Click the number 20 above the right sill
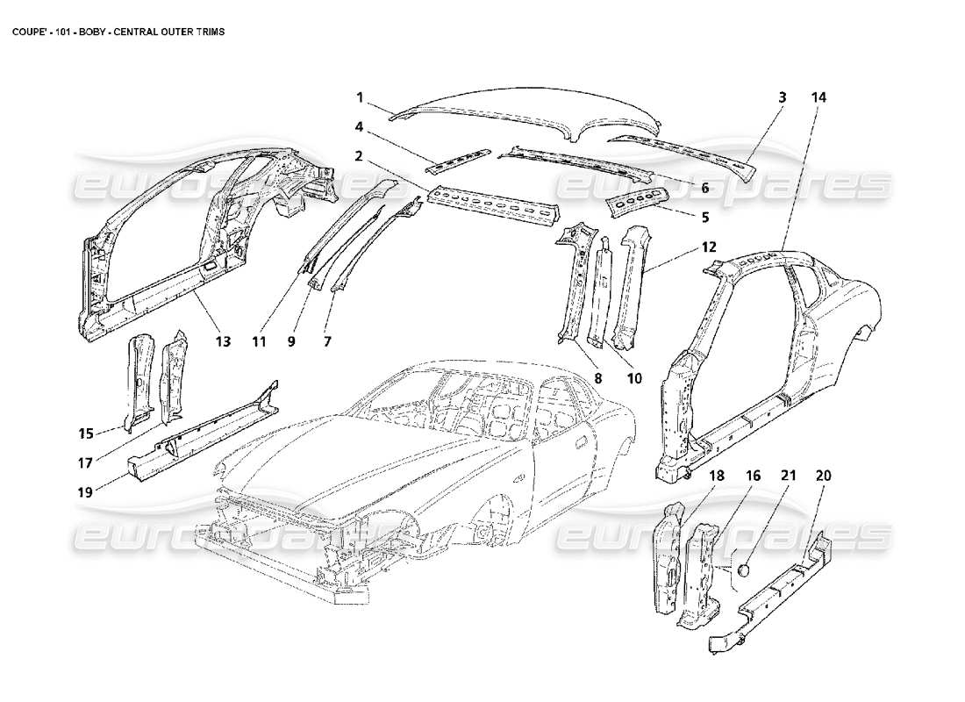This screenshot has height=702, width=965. pos(822,476)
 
